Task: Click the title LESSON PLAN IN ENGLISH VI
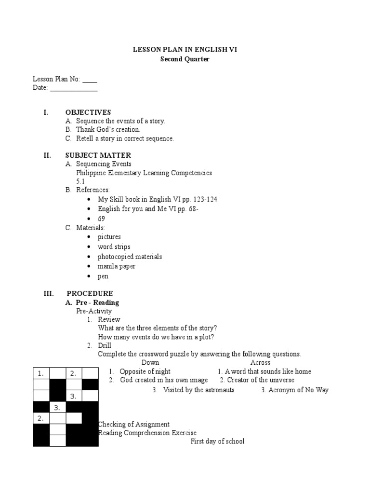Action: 185,50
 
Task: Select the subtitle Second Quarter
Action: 185,59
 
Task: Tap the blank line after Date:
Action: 74,89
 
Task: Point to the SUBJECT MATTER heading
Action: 98,155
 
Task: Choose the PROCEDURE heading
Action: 90,293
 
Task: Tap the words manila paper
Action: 117,266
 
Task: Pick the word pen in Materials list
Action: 103,276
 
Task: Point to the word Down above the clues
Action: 150,362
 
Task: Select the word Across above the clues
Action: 260,362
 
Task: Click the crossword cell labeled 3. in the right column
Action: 74,396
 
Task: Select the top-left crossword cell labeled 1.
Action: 41,373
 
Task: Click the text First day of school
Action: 217,441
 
